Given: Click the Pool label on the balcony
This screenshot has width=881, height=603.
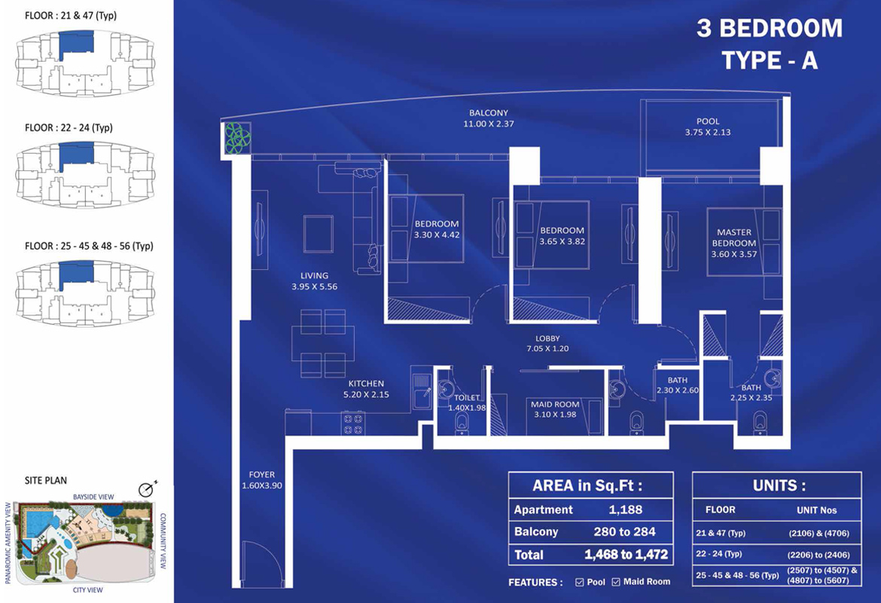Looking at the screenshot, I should click(x=707, y=121).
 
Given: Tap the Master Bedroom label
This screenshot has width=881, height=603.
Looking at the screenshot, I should click(x=733, y=237).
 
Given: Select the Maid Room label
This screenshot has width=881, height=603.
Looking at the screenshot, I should click(x=555, y=405).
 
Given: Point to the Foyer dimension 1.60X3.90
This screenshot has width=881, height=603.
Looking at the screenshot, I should click(x=262, y=485).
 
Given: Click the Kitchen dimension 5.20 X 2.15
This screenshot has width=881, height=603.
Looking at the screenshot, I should click(x=366, y=394).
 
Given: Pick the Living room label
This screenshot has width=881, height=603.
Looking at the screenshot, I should click(x=313, y=276).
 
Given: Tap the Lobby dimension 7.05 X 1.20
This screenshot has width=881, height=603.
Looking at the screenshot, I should click(x=547, y=349).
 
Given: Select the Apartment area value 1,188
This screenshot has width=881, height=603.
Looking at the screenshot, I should click(x=626, y=510).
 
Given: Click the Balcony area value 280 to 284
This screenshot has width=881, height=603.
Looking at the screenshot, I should click(x=626, y=532).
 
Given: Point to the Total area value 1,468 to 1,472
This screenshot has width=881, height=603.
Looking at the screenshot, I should click(x=626, y=556).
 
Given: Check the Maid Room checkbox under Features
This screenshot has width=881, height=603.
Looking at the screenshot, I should click(x=616, y=582).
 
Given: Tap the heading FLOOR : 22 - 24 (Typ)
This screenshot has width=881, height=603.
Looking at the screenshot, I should click(x=69, y=128).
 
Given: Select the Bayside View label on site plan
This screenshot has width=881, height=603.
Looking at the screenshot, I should click(x=93, y=497).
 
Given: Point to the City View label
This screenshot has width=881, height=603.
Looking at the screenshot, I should click(x=87, y=590).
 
